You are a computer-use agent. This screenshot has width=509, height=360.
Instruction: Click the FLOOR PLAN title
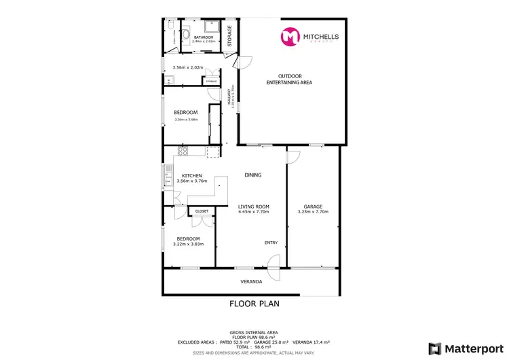point(254,304)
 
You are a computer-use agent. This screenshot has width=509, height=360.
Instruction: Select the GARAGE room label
point(313,206)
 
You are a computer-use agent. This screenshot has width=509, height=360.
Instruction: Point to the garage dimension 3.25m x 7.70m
point(313,212)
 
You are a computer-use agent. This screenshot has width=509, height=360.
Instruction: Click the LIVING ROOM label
point(254,206)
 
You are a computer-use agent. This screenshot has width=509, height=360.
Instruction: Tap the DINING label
point(252,175)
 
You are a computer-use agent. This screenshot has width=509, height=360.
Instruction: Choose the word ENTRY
point(271,242)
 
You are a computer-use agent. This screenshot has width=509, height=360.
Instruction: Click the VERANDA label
point(252,281)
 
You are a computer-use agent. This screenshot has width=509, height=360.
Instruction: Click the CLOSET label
point(202,211)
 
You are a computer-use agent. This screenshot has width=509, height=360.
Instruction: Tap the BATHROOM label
point(204,37)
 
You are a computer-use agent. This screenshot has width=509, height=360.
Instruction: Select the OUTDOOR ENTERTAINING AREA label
point(295,79)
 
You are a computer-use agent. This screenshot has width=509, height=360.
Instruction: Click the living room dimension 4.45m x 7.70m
point(254,212)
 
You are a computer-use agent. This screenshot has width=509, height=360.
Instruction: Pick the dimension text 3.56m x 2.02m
point(187,67)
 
